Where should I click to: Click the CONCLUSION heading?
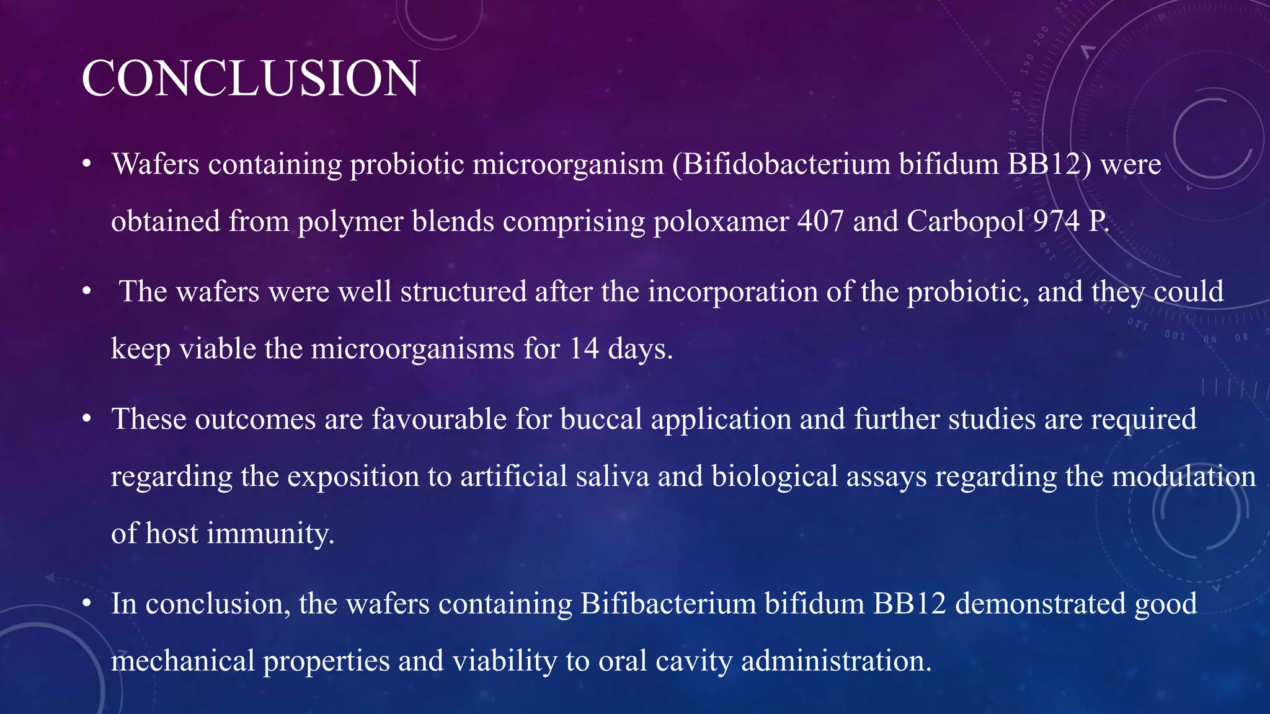pyautogui.click(x=251, y=79)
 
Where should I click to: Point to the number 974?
pyautogui.click(x=1056, y=221)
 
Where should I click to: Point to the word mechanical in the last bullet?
pyautogui.click(x=182, y=661)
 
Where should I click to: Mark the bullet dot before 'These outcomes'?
pyautogui.click(x=87, y=420)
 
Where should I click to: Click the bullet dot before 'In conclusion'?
pyautogui.click(x=87, y=604)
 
